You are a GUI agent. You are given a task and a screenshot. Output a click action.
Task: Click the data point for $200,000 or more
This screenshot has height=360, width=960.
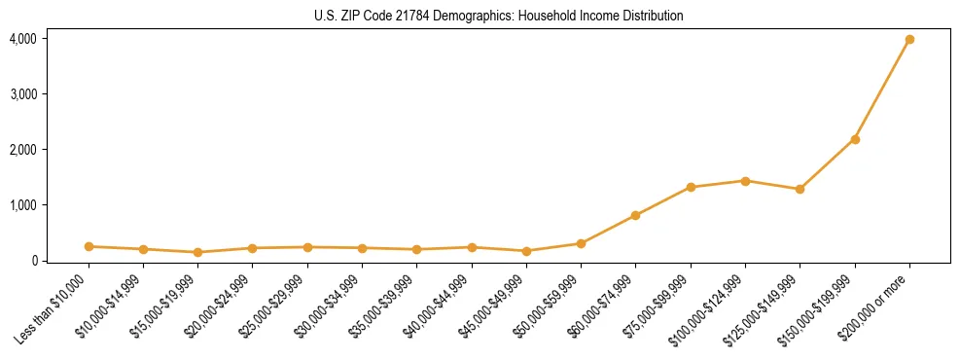click(x=909, y=40)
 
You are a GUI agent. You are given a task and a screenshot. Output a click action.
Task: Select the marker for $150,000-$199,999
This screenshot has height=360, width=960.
click(x=855, y=139)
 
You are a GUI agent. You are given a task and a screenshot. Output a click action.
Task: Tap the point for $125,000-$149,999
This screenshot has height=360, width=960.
click(x=800, y=189)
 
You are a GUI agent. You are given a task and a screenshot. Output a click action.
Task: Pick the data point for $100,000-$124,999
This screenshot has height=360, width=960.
click(x=745, y=181)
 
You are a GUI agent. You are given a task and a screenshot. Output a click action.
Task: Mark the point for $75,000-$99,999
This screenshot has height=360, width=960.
click(x=691, y=187)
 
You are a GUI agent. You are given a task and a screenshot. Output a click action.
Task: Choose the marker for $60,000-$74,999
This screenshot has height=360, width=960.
click(x=636, y=215)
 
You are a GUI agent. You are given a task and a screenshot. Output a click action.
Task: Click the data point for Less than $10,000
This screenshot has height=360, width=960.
click(x=89, y=246)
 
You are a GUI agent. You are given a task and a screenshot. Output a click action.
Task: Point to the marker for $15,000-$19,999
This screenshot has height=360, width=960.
click(x=198, y=252)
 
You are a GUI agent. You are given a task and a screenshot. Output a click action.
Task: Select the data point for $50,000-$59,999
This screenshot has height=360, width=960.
click(x=581, y=243)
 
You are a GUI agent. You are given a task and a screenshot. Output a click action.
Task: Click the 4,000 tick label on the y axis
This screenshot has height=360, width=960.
click(x=23, y=39)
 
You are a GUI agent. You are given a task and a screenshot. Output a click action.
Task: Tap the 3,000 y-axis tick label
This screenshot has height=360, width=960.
click(x=23, y=94)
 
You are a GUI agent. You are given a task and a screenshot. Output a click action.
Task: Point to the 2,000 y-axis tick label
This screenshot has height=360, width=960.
click(x=23, y=150)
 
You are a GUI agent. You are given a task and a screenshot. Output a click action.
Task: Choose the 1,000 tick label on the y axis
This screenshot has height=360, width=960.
click(x=23, y=205)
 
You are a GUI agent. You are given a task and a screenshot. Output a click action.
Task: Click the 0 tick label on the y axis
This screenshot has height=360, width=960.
click(x=33, y=261)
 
